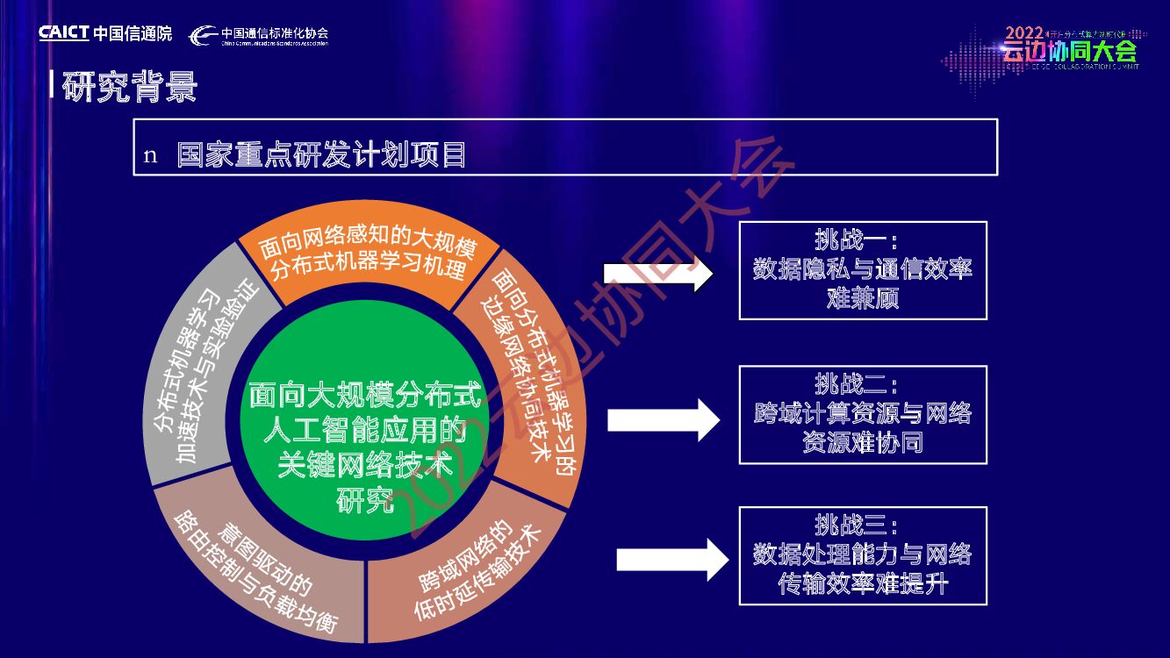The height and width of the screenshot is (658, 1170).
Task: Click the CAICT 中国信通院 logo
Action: coord(105,33)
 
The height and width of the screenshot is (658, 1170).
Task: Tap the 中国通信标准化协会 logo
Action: coord(259,35)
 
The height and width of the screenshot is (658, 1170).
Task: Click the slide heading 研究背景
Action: coord(130,88)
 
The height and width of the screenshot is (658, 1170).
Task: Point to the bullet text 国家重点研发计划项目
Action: coord(321,155)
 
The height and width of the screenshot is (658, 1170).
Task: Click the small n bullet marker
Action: coord(150,156)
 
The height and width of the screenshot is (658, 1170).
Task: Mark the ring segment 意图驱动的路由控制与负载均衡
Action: coord(255,570)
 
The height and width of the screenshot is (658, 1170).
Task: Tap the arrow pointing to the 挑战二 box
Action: coord(664,419)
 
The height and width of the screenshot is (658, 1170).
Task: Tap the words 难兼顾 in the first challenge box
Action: coord(863,298)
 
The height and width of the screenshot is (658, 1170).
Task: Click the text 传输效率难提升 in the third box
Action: coord(863,583)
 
